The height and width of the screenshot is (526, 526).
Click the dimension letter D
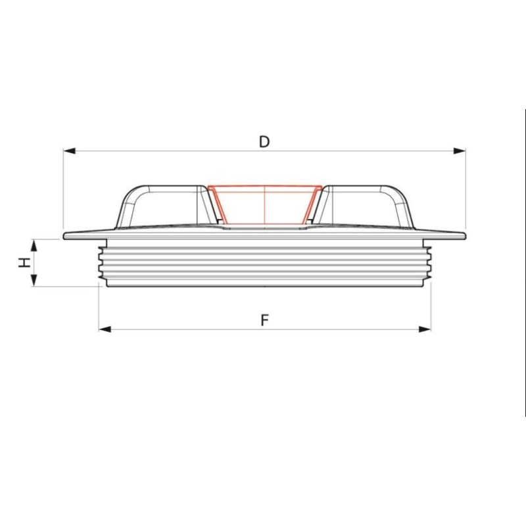[x=264, y=142]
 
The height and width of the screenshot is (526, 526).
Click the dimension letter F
[x=265, y=320]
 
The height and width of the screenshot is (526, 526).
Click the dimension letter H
[x=24, y=262]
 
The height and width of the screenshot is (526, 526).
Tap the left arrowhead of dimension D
[x=69, y=151]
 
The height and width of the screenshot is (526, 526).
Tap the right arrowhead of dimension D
[x=459, y=151]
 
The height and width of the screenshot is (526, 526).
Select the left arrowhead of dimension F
[x=105, y=329]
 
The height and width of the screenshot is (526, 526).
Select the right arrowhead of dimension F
[x=425, y=329]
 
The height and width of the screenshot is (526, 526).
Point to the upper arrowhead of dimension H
[x=34, y=245]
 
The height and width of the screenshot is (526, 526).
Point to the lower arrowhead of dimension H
[x=34, y=280]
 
